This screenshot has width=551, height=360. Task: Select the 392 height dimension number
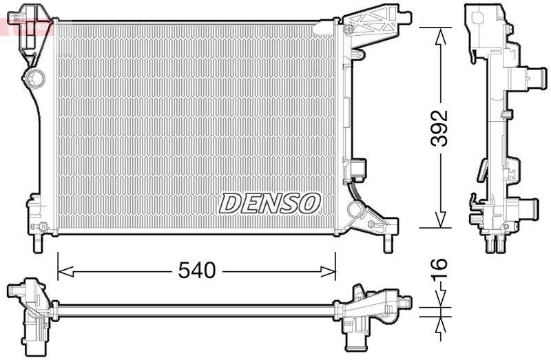click(x=439, y=127)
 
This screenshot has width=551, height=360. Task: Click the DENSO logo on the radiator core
click(x=270, y=202)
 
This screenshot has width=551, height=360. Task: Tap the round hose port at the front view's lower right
click(x=357, y=209)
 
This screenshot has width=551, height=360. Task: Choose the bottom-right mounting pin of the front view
click(x=387, y=243)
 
